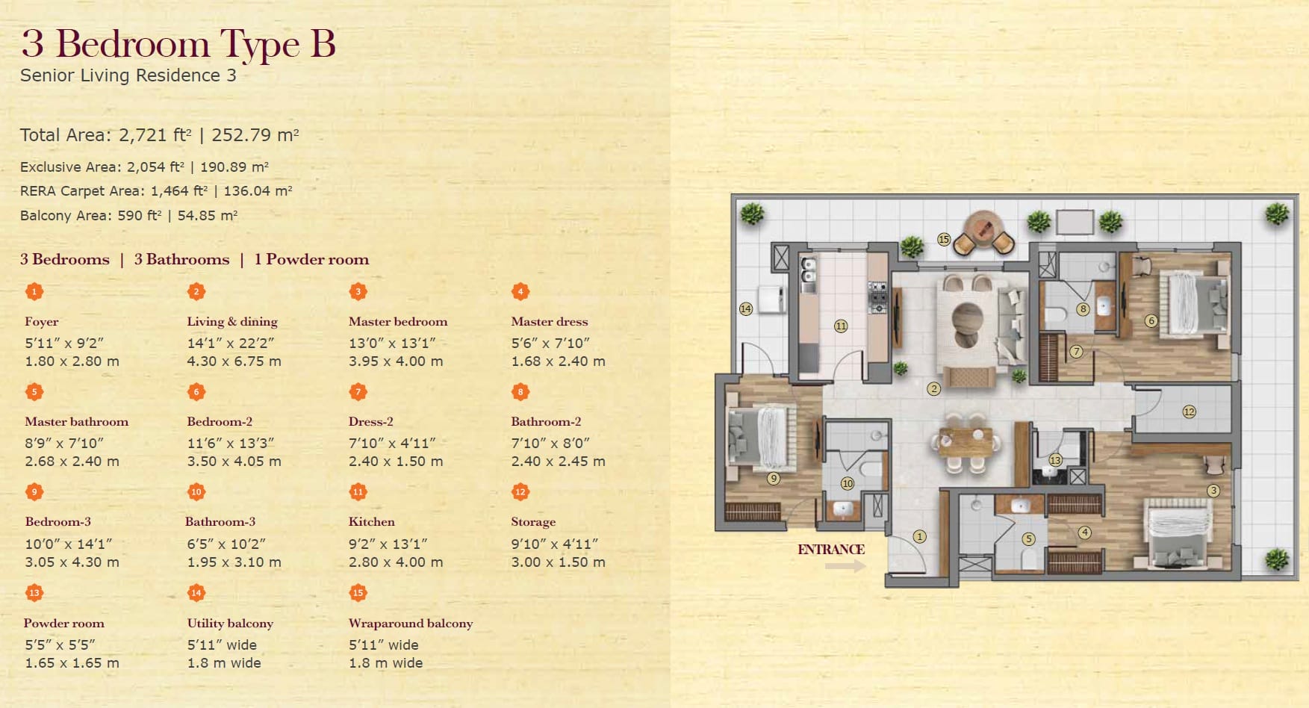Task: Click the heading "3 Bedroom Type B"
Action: [x=178, y=44]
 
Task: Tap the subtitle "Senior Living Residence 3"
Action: [x=128, y=75]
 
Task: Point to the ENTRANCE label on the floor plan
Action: [x=831, y=550]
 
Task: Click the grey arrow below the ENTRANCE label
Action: [x=845, y=566]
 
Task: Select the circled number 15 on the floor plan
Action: [x=944, y=240]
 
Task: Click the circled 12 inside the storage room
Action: [x=1189, y=412]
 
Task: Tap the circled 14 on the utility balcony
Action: [x=746, y=308]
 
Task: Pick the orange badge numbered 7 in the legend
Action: [x=358, y=392]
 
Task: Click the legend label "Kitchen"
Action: [x=372, y=521]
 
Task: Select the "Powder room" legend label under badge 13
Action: [x=64, y=623]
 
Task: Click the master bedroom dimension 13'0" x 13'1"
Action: [x=392, y=343]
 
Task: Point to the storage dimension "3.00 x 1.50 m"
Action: [x=559, y=562]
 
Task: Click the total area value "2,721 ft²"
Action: [x=155, y=135]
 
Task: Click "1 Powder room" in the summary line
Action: [x=311, y=259]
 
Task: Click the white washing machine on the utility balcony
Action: [x=771, y=299]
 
